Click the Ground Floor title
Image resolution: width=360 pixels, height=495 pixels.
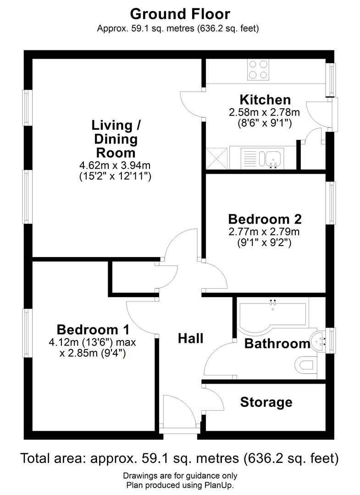[x=180, y=14]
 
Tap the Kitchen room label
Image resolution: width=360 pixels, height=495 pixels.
[x=265, y=99]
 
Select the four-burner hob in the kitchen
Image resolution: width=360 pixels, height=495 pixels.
[x=258, y=70]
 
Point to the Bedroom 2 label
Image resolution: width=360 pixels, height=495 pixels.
[x=265, y=219]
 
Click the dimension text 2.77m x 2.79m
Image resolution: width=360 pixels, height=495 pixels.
[x=265, y=231]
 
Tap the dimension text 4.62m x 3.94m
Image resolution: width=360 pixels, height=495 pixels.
[x=115, y=165]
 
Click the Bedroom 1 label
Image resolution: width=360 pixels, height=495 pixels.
[x=93, y=330]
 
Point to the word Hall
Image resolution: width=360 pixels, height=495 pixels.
[x=190, y=339]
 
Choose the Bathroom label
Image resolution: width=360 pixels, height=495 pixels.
[x=277, y=343]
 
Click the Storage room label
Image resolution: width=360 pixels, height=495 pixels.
[x=266, y=402]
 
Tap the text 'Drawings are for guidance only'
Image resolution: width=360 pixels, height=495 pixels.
[x=180, y=476]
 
